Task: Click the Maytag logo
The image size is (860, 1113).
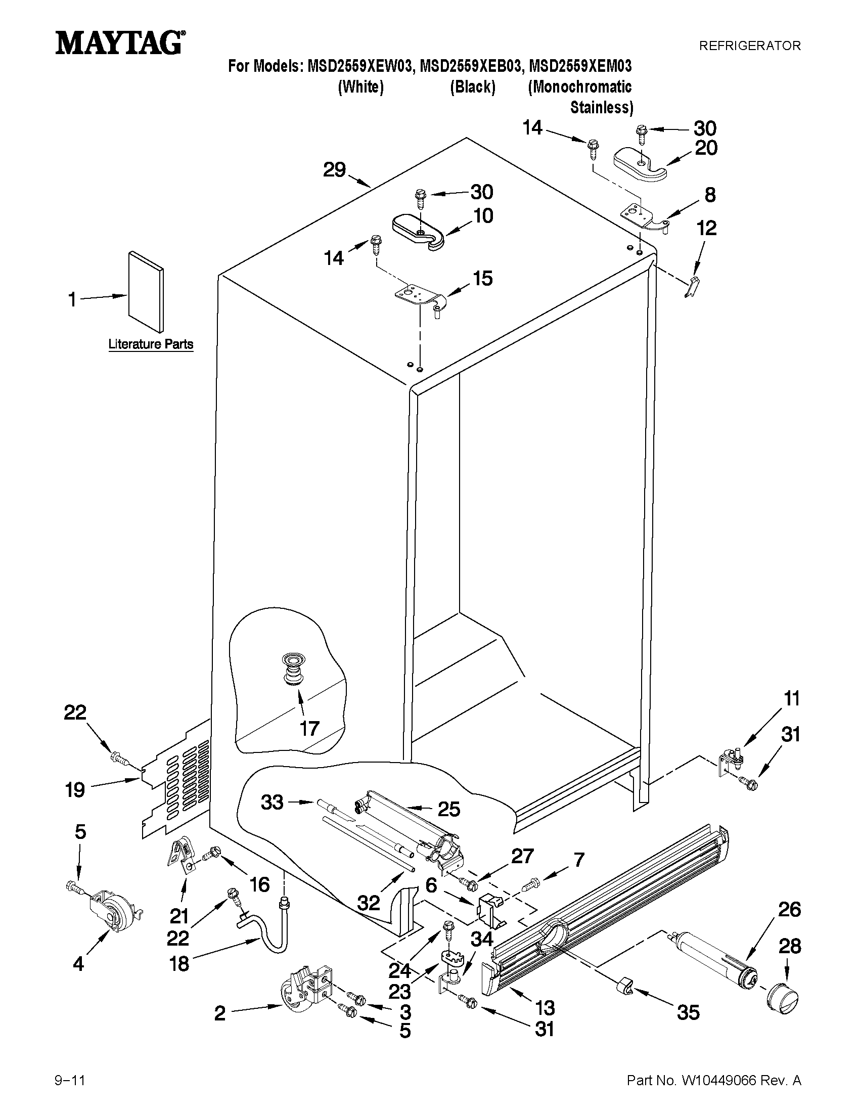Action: (x=120, y=43)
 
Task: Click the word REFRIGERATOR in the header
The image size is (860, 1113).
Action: (x=749, y=46)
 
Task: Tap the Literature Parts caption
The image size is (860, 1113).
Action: (x=151, y=344)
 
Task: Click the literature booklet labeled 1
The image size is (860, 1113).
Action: (x=146, y=290)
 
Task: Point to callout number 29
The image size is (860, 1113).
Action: (x=335, y=170)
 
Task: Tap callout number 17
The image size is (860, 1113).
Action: (x=309, y=729)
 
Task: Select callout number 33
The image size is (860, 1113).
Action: (x=272, y=803)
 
